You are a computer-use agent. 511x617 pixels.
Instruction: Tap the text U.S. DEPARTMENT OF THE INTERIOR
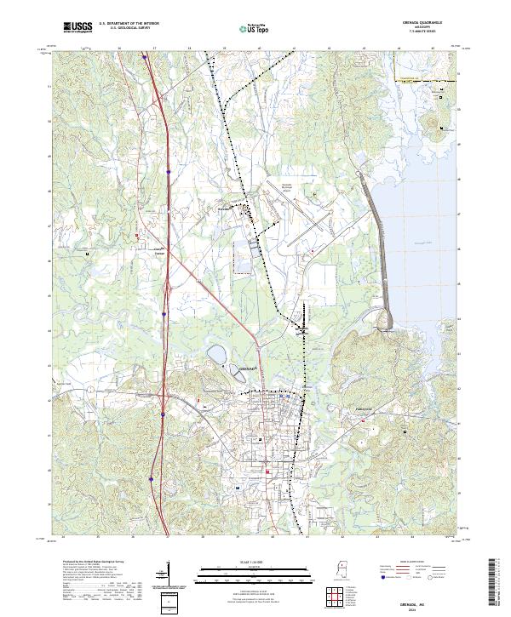(126, 24)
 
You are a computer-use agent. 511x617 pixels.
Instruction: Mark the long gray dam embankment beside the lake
(378, 247)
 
